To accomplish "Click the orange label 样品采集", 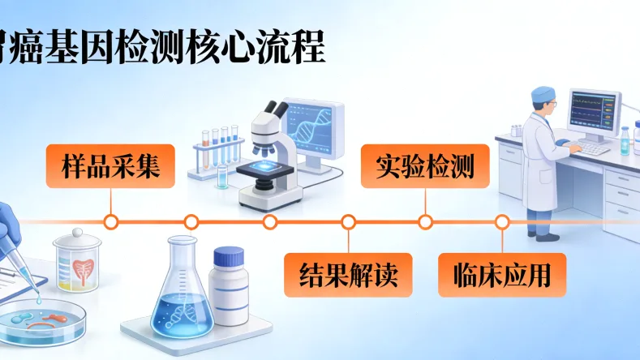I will click(x=109, y=166).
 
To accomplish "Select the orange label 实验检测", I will click(x=424, y=165).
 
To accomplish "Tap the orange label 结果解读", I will click(x=348, y=275).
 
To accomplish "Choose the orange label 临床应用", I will click(x=501, y=275).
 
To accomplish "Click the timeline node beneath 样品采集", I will click(x=112, y=221).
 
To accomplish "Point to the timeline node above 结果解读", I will click(x=348, y=221).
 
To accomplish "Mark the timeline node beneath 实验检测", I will click(x=424, y=221).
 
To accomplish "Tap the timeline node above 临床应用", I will click(x=502, y=221).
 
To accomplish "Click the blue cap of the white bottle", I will click(x=228, y=257).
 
